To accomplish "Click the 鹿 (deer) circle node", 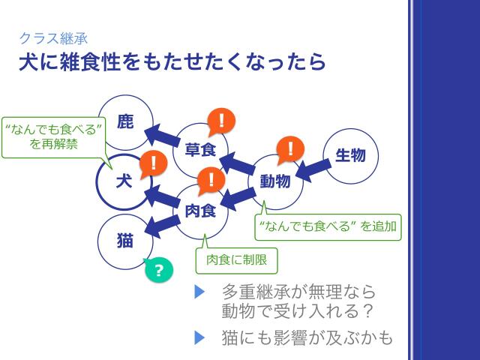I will (x=126, y=121).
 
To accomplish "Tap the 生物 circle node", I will (x=350, y=156).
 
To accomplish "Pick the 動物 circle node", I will (x=275, y=181).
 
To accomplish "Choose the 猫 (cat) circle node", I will (x=125, y=241).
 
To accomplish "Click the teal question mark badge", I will (x=158, y=270).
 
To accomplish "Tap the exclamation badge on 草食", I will (x=221, y=120).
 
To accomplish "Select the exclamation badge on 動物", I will (x=289, y=150).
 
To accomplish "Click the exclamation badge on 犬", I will (x=154, y=163).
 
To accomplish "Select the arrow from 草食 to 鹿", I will (x=163, y=135).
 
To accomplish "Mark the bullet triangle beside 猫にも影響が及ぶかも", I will (x=199, y=337).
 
